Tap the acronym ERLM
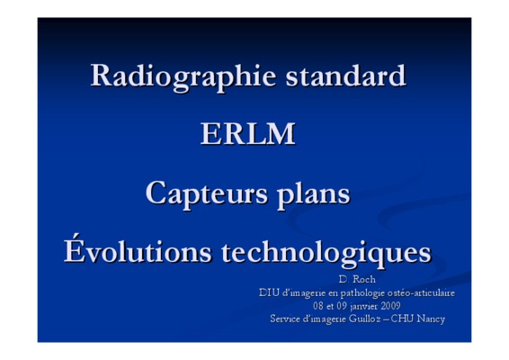pyautogui.click(x=247, y=133)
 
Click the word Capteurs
pyautogui.click(x=207, y=194)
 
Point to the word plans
pyautogui.click(x=314, y=194)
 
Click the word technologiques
pyautogui.click(x=326, y=253)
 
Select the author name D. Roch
pyautogui.click(x=357, y=279)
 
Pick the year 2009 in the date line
pyautogui.click(x=390, y=306)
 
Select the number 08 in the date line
pyautogui.click(x=318, y=306)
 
